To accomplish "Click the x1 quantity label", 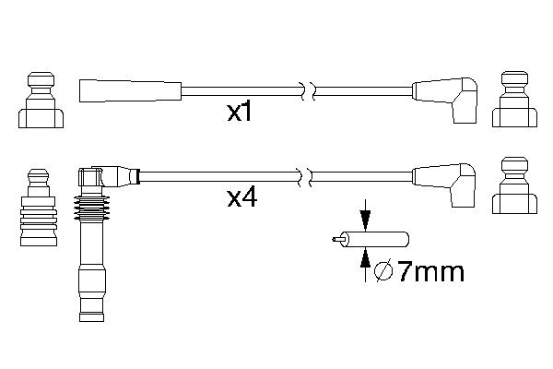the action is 240,113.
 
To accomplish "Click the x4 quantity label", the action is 241,198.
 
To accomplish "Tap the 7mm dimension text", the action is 431,272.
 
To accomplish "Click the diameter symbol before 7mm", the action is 383,271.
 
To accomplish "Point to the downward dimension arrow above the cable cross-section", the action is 365,215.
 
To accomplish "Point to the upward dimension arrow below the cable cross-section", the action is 365,264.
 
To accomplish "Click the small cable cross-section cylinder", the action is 375,240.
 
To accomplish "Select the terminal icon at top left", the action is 41,100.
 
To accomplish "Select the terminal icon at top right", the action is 514,100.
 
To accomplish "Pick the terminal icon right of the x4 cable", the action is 514,185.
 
